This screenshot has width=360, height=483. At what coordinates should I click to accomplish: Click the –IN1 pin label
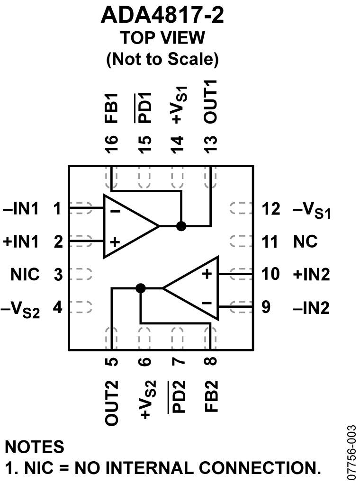pos(21,208)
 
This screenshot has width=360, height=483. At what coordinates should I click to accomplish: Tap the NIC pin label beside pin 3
pos(27,275)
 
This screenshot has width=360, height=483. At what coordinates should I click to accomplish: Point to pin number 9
pos(266,307)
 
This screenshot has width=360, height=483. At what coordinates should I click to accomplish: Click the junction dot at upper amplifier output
pos(180,226)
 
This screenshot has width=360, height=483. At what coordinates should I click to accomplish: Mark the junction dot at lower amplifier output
pos(140,288)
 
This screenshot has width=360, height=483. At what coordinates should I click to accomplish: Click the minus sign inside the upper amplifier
pos(115,211)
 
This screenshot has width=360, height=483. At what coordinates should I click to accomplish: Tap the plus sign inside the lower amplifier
pos(206,274)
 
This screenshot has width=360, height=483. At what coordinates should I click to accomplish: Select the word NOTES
pos(34,447)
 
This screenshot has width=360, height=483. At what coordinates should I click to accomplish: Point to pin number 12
pos(271,208)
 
